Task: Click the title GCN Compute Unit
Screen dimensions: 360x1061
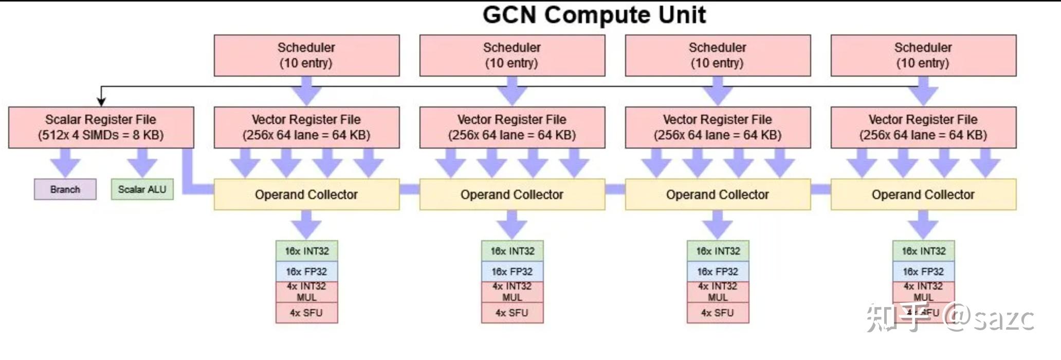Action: (x=594, y=14)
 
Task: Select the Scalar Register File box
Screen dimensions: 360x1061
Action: (x=101, y=127)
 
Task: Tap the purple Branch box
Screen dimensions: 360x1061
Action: (x=65, y=189)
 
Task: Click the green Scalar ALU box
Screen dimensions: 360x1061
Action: (x=142, y=189)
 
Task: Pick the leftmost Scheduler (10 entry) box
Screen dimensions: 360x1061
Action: (x=306, y=55)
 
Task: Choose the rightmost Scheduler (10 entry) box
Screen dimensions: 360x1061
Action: (x=923, y=55)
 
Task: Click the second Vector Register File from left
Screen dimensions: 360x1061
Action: (x=512, y=127)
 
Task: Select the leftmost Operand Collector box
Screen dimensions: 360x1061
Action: (x=306, y=194)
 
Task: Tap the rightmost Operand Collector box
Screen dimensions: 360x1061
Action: (x=923, y=194)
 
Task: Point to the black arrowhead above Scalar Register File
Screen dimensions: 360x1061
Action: (x=101, y=102)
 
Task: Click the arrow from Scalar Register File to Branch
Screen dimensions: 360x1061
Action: (x=65, y=164)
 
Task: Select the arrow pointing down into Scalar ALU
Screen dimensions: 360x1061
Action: (x=142, y=164)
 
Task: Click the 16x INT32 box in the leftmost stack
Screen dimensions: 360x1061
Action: (x=307, y=251)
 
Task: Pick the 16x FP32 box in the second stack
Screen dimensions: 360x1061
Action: (x=512, y=272)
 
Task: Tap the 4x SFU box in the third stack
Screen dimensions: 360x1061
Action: (x=718, y=313)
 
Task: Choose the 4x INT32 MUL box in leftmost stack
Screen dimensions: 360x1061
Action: (x=307, y=292)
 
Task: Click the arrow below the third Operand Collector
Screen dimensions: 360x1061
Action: (x=718, y=225)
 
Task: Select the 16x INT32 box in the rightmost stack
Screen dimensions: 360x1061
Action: (x=924, y=251)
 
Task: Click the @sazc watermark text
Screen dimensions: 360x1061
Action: (x=990, y=318)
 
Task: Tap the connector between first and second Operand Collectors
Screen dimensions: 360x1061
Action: (x=410, y=189)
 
